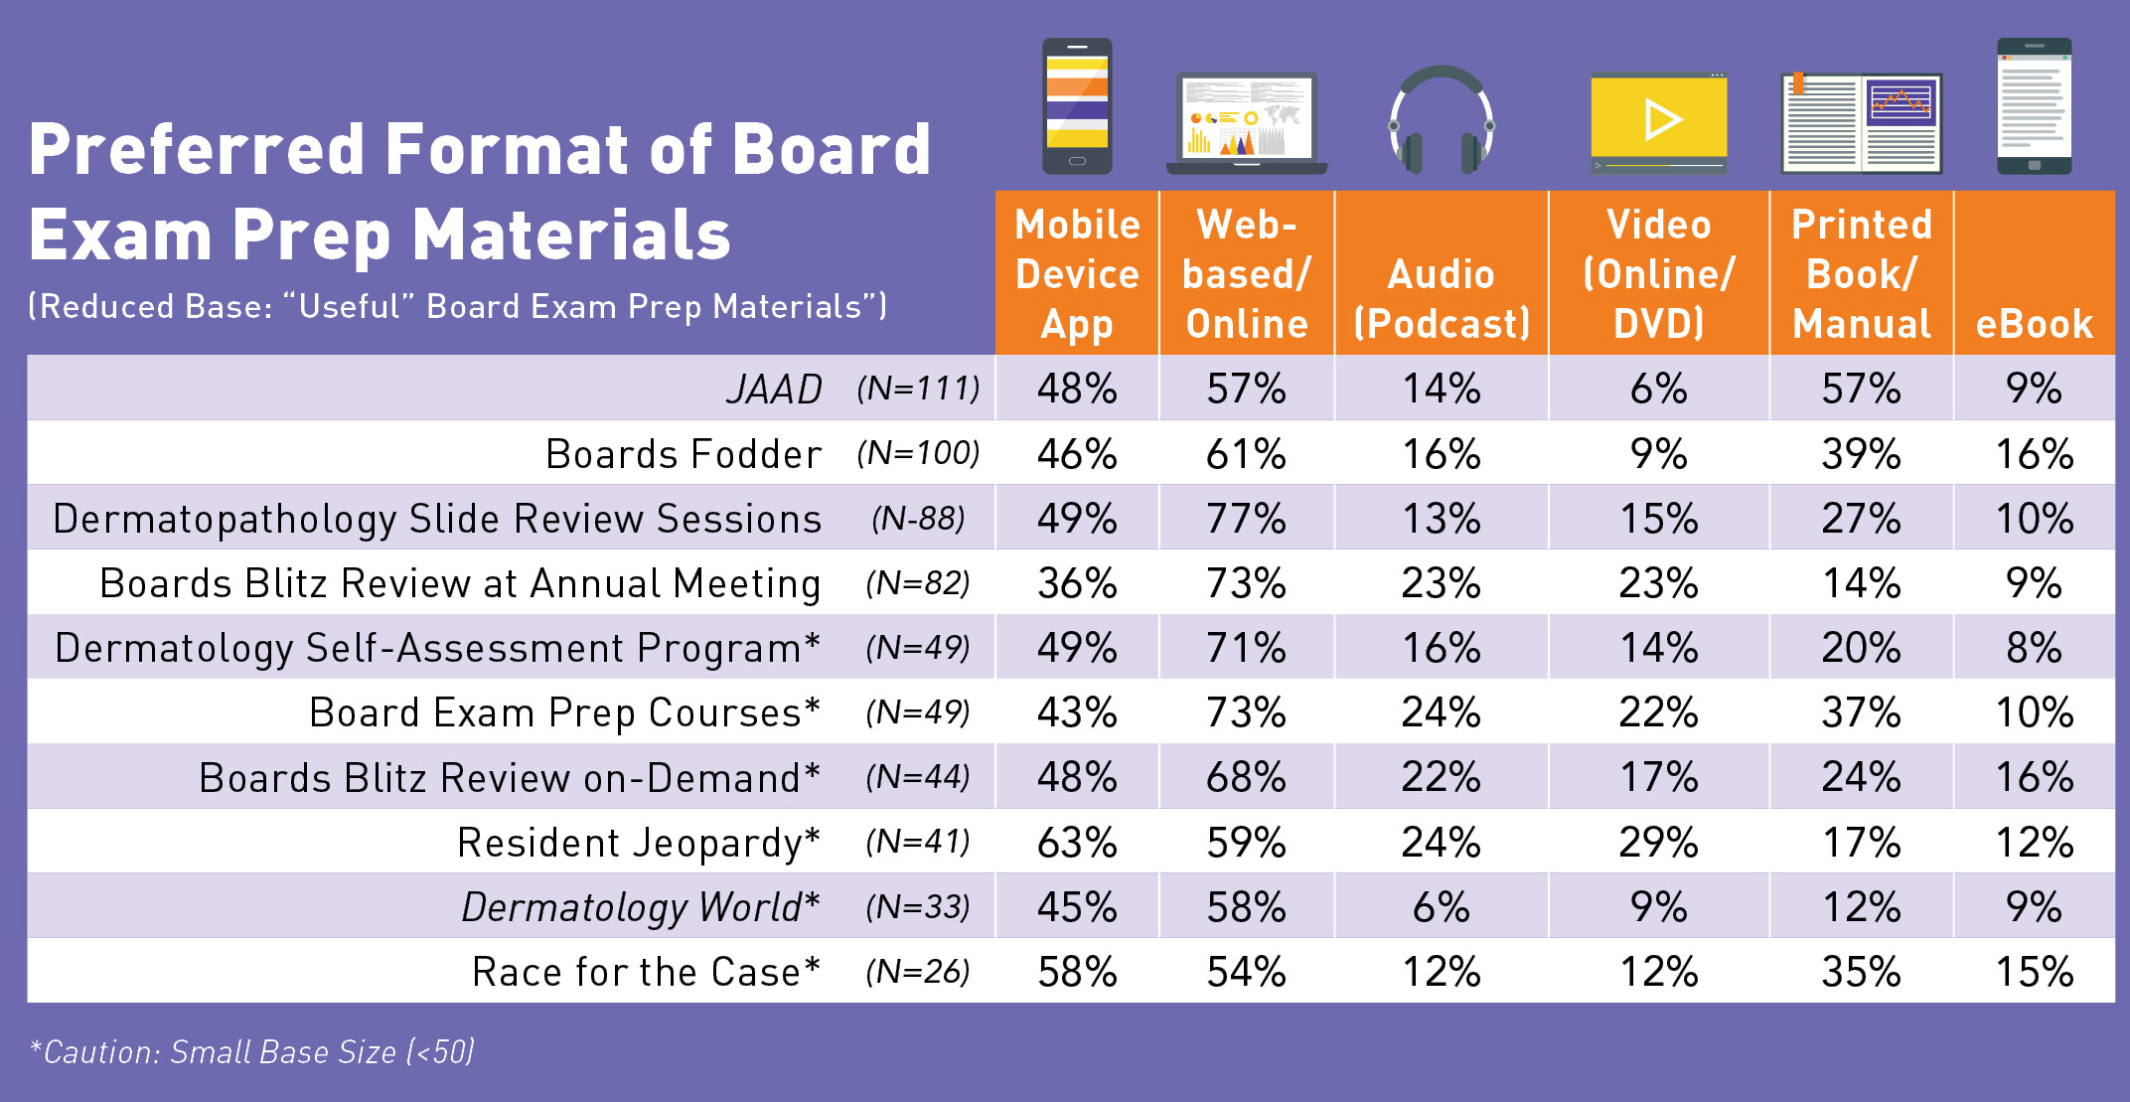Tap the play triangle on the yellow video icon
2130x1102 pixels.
1661,120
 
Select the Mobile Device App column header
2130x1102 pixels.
1077,273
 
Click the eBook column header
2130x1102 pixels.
2034,324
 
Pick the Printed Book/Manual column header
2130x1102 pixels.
1861,273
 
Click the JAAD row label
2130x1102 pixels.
774,389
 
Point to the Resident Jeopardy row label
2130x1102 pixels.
638,843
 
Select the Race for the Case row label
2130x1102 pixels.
646,972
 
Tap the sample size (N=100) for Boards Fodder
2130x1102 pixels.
918,454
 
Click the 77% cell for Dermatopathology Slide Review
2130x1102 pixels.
1246,519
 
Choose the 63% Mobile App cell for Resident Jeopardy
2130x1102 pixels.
1077,843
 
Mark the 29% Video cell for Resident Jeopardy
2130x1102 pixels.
1658,843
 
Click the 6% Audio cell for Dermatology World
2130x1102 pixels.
1441,907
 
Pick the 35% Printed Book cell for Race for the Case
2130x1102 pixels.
1861,972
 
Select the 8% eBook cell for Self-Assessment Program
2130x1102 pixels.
2034,648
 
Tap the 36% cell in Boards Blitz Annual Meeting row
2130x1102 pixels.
1077,583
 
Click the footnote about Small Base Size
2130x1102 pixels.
252,1051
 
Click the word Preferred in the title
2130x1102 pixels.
197,149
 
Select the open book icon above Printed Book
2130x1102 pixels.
1861,123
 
